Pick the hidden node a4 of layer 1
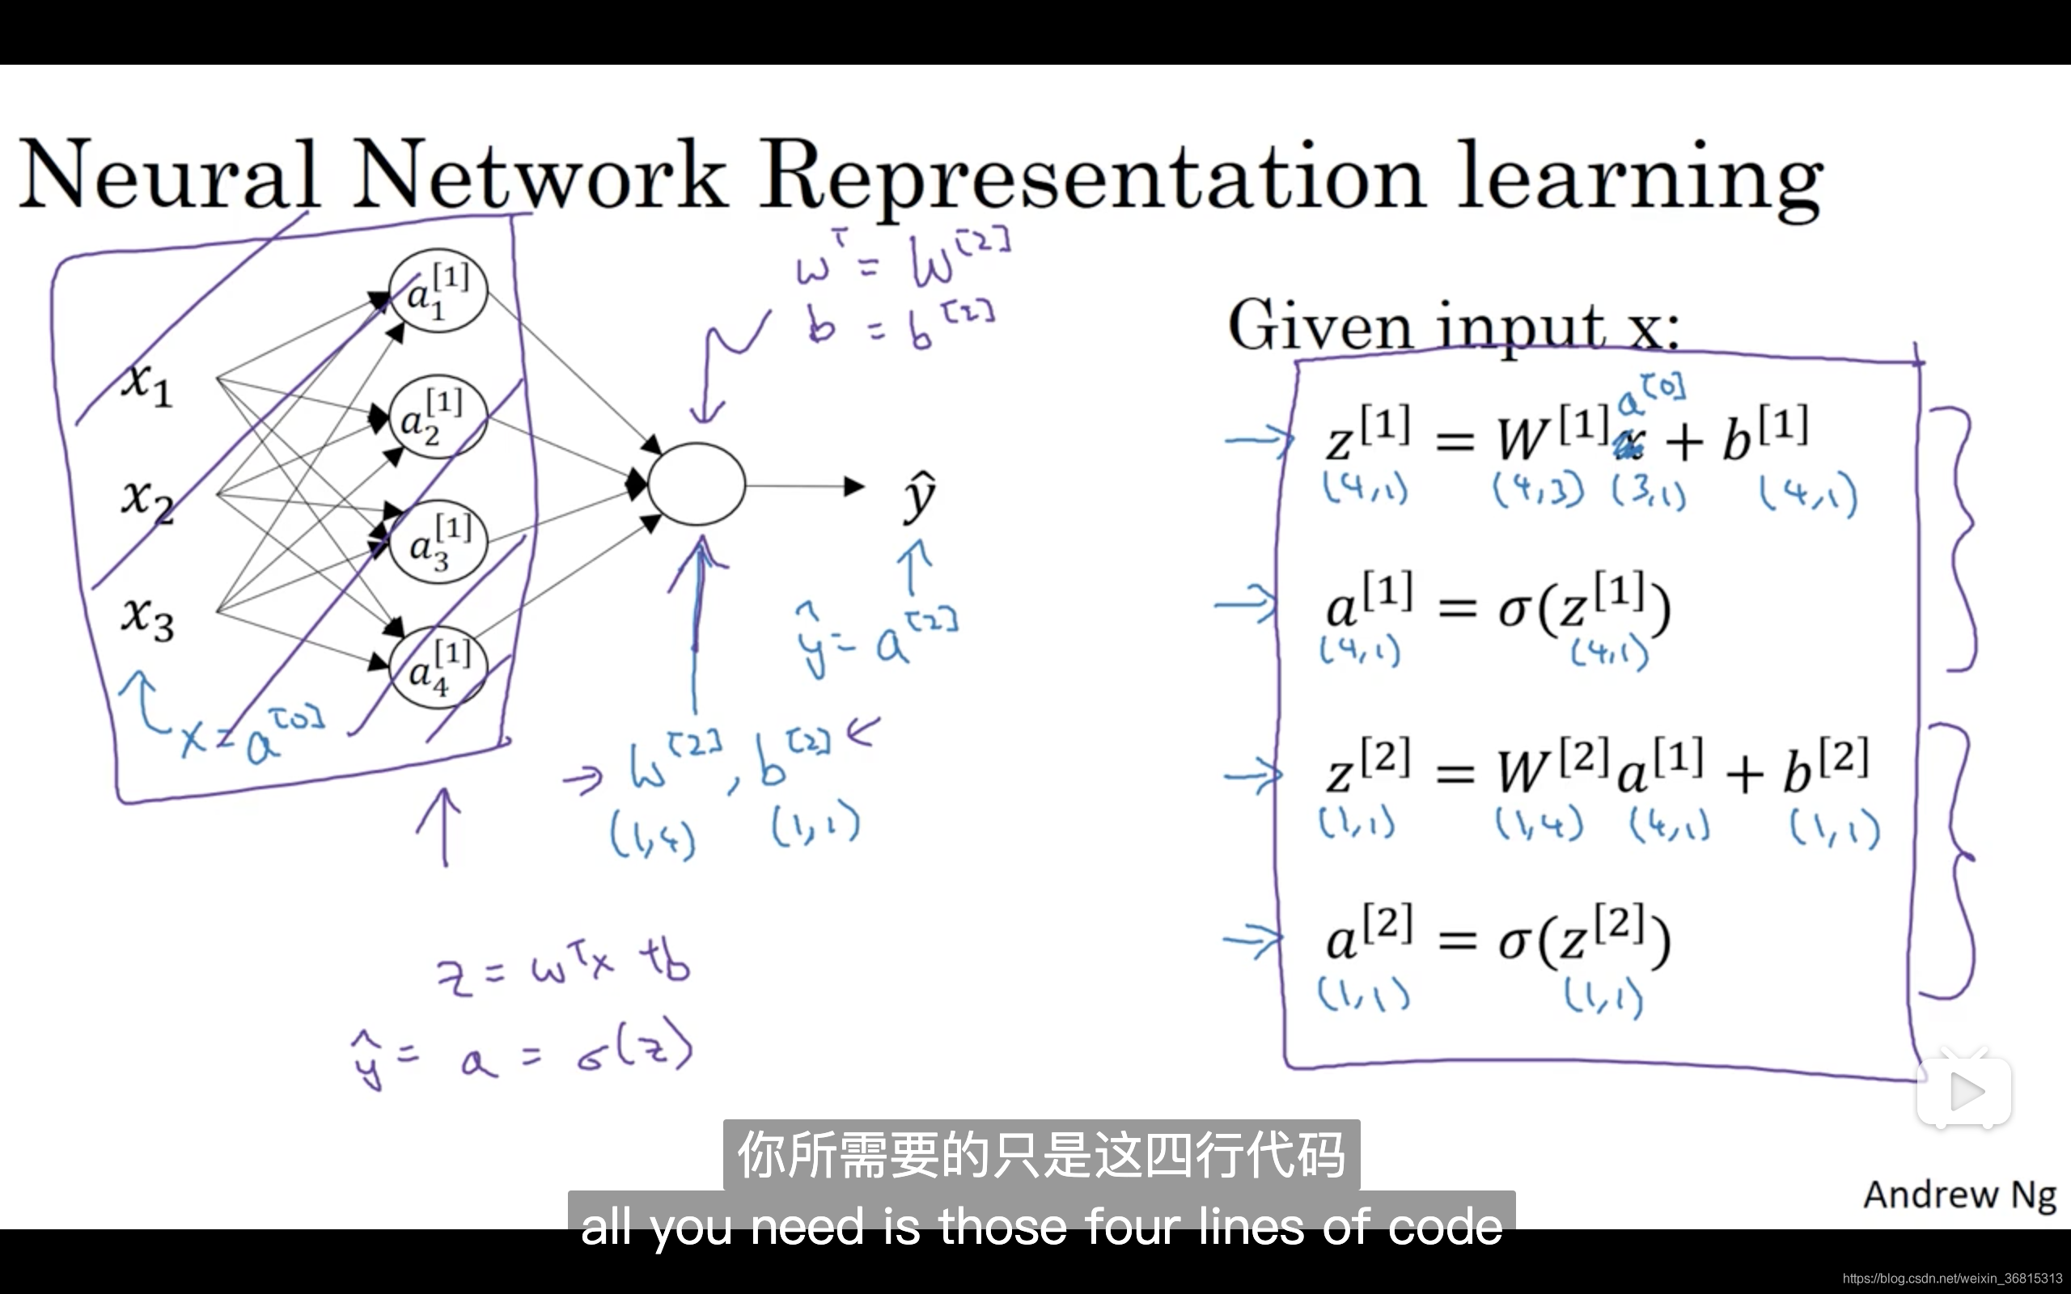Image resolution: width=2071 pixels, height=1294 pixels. pos(438,667)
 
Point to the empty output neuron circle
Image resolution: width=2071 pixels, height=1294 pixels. pos(697,484)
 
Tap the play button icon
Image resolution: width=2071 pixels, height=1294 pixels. pos(1964,1091)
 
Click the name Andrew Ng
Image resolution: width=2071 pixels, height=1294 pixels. pos(1959,1195)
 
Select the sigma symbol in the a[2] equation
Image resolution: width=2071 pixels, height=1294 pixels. pos(1514,941)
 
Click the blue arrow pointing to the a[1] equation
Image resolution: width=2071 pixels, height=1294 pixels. pos(1246,604)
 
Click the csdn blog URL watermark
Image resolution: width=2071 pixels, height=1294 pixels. pos(1952,1279)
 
